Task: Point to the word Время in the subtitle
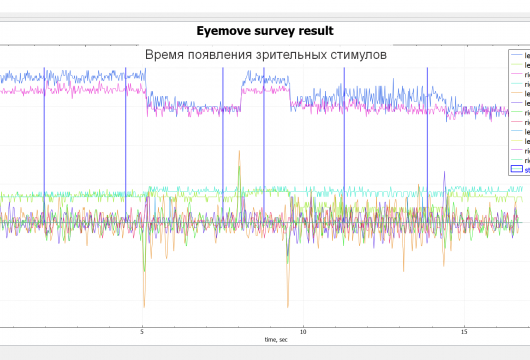point(168,54)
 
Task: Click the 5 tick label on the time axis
point(142,332)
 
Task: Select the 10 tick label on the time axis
point(303,332)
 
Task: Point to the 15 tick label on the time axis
point(464,332)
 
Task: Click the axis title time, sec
point(276,341)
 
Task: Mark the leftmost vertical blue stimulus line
point(44,150)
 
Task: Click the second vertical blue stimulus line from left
point(125,150)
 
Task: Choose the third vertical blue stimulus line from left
point(223,150)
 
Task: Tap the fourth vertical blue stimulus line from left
point(263,150)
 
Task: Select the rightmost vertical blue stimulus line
point(427,150)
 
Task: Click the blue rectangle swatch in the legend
point(517,170)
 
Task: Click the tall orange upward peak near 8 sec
point(239,154)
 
